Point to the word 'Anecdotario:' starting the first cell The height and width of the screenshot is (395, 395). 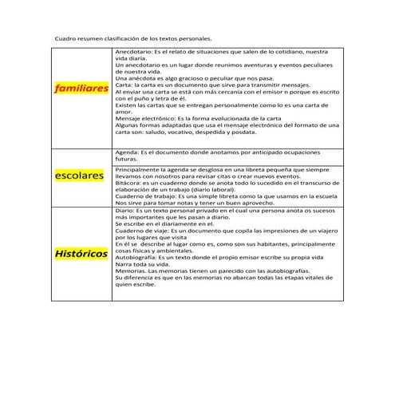[x=133, y=52]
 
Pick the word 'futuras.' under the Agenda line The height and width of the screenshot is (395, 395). [x=128, y=159]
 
